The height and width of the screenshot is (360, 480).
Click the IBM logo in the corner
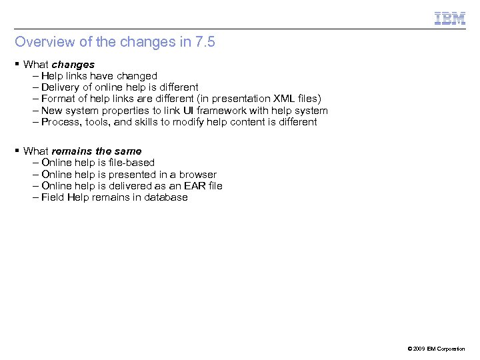click(x=450, y=18)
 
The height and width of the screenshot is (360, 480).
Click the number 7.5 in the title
click(x=205, y=42)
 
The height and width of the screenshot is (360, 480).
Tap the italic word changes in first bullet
click(x=73, y=65)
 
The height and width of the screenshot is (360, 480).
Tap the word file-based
click(x=132, y=163)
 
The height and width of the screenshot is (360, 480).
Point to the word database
click(x=166, y=197)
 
